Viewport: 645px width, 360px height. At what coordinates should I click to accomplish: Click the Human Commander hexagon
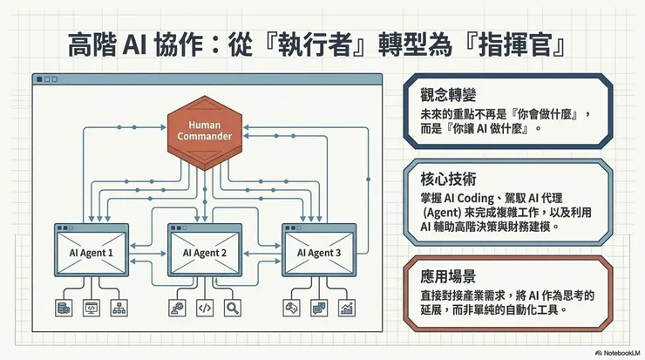[205, 131]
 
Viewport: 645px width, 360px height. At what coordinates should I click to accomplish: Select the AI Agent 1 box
[92, 252]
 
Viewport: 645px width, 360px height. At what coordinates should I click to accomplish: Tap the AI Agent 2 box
[205, 252]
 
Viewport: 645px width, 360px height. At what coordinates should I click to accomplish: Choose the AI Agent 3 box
[318, 252]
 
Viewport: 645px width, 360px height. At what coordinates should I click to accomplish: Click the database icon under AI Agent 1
[63, 307]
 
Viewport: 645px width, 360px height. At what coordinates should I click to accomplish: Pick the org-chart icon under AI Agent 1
[119, 307]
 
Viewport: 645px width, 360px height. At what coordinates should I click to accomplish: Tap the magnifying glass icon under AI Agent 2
[233, 307]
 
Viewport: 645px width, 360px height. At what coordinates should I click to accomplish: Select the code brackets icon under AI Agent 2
[205, 307]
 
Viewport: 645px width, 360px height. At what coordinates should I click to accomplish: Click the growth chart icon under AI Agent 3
[346, 307]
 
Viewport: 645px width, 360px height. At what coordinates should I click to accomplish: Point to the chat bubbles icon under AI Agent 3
[318, 307]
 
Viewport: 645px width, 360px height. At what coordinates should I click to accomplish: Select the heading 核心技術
[448, 180]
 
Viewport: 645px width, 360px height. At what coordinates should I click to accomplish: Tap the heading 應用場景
[448, 277]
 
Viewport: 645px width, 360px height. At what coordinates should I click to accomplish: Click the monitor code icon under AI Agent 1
[91, 307]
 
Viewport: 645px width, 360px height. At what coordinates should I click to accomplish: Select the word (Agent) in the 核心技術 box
[443, 211]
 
